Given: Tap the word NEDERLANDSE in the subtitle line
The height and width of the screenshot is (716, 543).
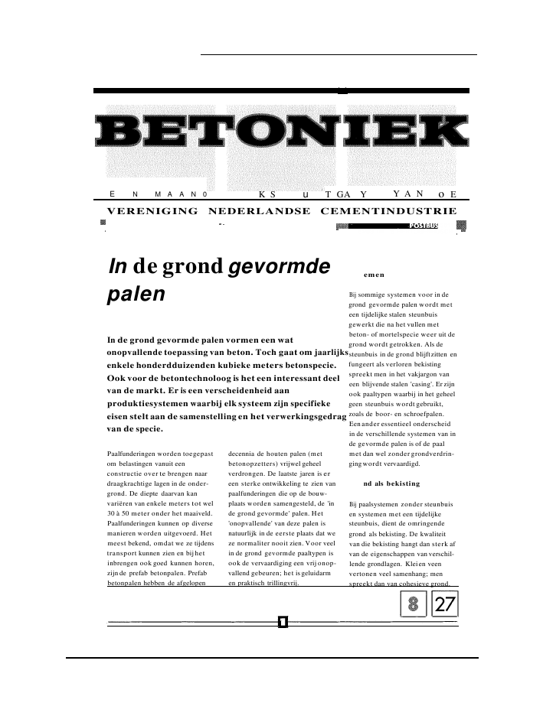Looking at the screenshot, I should point(259,210).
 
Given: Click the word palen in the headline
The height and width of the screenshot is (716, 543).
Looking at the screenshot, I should point(136,295).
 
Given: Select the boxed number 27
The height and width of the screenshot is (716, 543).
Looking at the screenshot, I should point(445,605).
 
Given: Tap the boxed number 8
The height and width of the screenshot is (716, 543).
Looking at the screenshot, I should point(414,605).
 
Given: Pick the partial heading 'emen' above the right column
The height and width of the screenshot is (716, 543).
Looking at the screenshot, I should point(374,274).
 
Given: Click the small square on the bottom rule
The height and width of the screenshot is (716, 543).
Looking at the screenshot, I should point(283,620).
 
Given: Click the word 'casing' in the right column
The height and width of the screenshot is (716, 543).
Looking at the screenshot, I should point(418,383).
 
